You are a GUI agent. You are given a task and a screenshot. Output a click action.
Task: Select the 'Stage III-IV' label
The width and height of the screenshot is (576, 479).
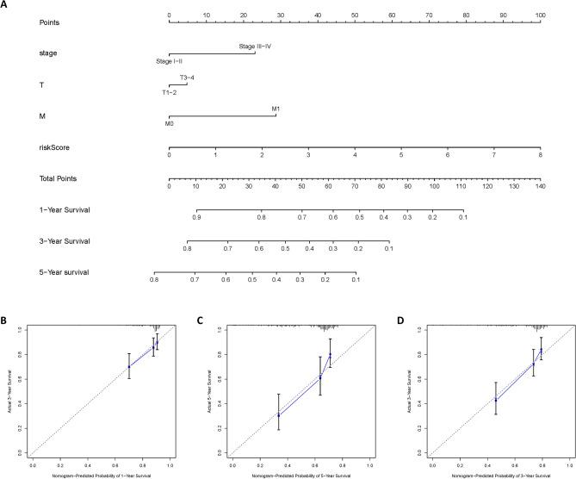coord(255,45)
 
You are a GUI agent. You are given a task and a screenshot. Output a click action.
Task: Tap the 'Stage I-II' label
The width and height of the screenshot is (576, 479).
coord(170,61)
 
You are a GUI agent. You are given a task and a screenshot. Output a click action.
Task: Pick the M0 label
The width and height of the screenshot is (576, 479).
coord(170,124)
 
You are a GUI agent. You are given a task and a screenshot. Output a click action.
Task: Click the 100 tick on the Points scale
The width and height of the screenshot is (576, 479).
coord(540,16)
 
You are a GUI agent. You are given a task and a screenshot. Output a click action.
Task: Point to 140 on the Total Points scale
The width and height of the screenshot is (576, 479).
coord(540,187)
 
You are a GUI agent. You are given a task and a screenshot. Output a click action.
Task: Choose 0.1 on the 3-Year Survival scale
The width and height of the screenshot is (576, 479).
coord(388,249)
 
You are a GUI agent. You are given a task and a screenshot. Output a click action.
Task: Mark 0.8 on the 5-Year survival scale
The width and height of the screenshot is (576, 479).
coord(154,280)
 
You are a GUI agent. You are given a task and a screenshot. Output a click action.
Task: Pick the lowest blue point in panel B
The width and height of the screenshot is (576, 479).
coord(129,367)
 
